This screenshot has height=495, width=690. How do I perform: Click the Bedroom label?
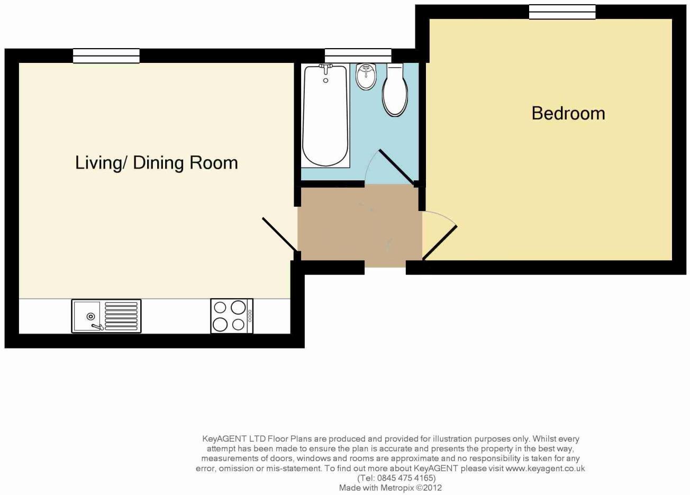568,113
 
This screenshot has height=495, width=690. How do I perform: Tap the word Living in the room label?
98,162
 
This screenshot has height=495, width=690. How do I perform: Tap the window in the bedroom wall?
562,12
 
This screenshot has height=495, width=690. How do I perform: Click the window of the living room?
106,56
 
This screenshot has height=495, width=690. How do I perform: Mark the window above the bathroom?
358,56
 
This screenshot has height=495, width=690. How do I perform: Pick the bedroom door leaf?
440,243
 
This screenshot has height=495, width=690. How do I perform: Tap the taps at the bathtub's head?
325,69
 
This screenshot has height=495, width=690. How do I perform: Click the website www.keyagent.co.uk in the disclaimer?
545,469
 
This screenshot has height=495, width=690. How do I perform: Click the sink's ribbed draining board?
121,316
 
